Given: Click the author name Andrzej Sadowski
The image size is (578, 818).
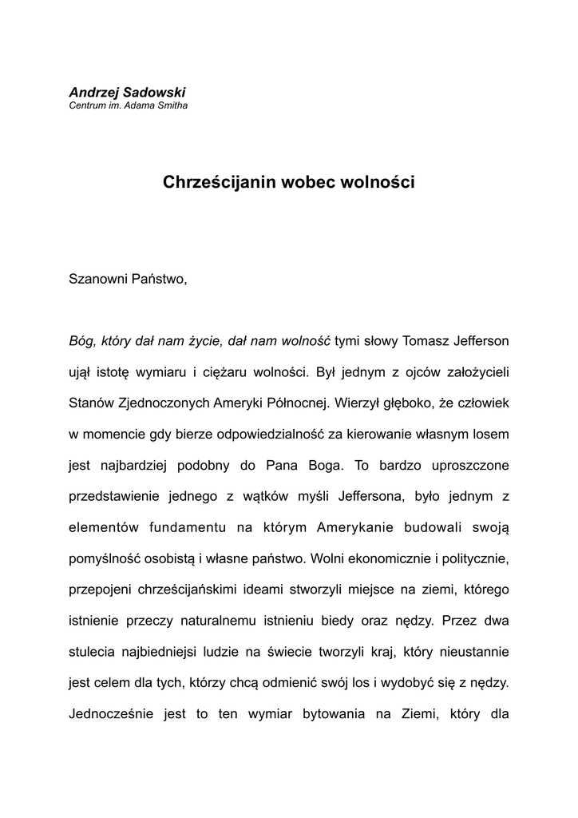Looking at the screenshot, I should coord(127,93).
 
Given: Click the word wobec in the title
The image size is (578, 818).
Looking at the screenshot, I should coord(307,182).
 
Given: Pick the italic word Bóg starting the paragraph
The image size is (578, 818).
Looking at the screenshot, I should coord(82,340).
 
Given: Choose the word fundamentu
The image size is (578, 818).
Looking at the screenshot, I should coord(188,526).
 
